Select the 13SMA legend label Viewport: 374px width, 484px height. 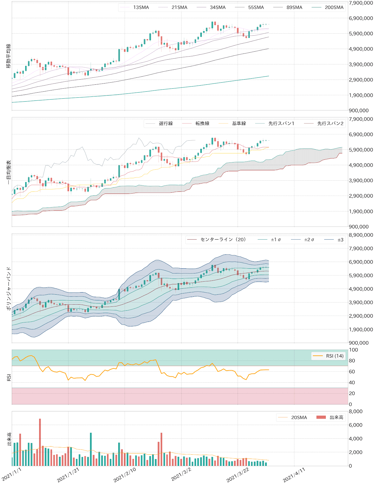tap(141, 7)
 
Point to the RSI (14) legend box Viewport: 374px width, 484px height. tap(328, 356)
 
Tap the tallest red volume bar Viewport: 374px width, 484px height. tap(40, 442)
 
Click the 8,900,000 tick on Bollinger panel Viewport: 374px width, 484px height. tap(361, 235)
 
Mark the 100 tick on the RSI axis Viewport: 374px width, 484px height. tap(353, 350)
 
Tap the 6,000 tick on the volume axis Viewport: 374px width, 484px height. tap(356, 425)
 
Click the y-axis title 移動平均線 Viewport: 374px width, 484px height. tap(8, 56)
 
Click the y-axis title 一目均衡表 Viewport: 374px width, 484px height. tap(8, 172)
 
